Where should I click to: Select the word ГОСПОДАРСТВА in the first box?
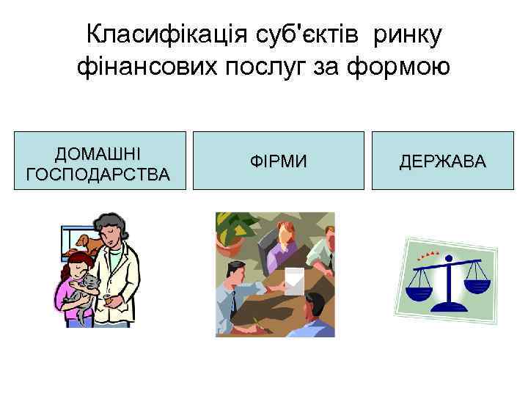pos(98,175)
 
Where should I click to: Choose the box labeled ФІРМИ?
pos(278,161)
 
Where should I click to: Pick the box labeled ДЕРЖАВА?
pos(442,161)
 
